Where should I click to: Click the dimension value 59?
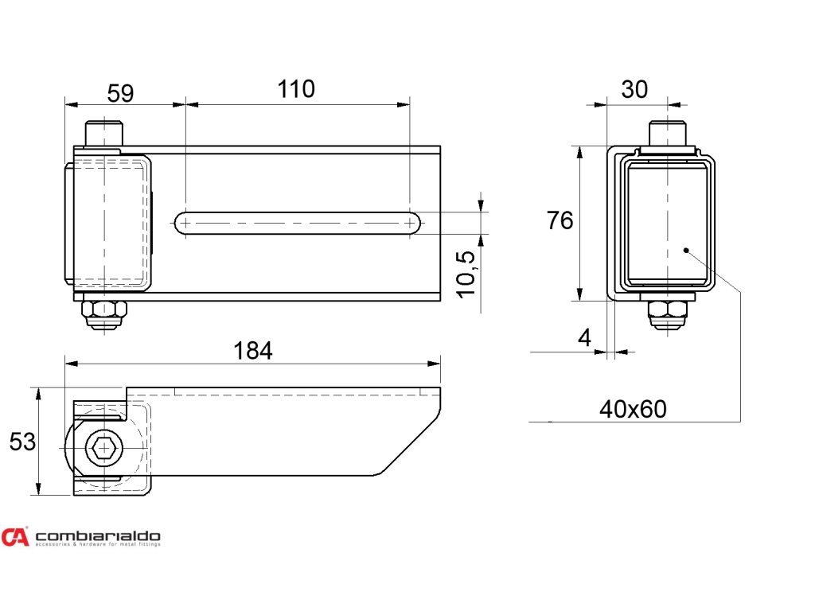tap(120, 93)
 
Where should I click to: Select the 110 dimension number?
tap(296, 89)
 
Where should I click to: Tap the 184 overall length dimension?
tap(253, 351)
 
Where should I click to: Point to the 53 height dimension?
tap(22, 442)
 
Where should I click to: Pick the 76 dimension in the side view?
tap(560, 220)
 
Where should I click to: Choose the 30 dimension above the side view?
tap(634, 90)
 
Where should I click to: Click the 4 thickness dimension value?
tap(585, 338)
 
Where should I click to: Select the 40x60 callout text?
tap(633, 410)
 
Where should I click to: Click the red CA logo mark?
tap(15, 538)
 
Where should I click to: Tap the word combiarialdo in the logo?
tap(98, 536)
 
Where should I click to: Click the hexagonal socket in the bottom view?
tap(103, 449)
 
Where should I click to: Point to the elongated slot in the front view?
tap(298, 224)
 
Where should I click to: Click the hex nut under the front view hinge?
tap(103, 309)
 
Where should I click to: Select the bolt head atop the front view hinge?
tap(103, 134)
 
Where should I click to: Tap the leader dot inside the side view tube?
tap(686, 250)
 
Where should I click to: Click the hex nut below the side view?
tap(667, 309)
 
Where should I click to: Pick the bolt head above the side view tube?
tap(667, 134)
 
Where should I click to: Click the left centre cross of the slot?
tap(185, 224)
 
